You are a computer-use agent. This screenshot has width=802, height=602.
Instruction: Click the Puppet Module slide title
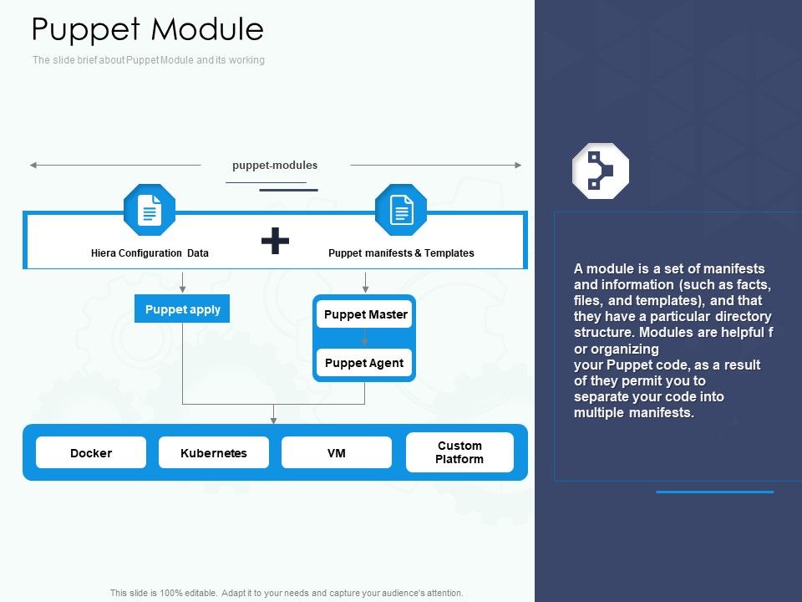tap(148, 30)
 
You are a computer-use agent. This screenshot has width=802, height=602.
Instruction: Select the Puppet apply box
tap(182, 309)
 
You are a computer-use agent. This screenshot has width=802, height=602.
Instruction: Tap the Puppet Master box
tap(365, 314)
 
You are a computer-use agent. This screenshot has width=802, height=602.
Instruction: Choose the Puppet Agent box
tap(364, 363)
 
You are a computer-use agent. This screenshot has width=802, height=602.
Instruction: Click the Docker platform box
tap(91, 453)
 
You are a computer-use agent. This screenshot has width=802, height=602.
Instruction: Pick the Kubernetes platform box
tap(214, 453)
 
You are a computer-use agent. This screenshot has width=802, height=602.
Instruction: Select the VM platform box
tap(336, 453)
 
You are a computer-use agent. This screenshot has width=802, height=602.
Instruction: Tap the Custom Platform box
tap(459, 452)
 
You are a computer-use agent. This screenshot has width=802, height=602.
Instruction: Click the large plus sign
tap(275, 242)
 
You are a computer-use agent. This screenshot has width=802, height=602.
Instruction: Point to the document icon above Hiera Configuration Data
tap(150, 210)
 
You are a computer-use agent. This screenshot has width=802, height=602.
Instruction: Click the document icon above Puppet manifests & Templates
tap(401, 210)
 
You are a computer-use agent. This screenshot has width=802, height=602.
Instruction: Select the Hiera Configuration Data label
tap(150, 253)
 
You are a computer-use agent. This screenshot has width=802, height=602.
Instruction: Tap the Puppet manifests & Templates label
tap(401, 253)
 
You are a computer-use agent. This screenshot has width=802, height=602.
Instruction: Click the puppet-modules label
tap(275, 166)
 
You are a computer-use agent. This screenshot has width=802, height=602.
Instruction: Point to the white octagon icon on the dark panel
tap(600, 171)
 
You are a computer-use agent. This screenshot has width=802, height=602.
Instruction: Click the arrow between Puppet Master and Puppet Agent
tap(365, 338)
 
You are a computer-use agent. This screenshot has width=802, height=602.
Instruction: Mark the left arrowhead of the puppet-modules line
tap(34, 166)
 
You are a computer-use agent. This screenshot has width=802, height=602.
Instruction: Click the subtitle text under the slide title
tap(149, 60)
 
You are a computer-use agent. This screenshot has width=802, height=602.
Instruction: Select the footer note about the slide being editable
tap(287, 593)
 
